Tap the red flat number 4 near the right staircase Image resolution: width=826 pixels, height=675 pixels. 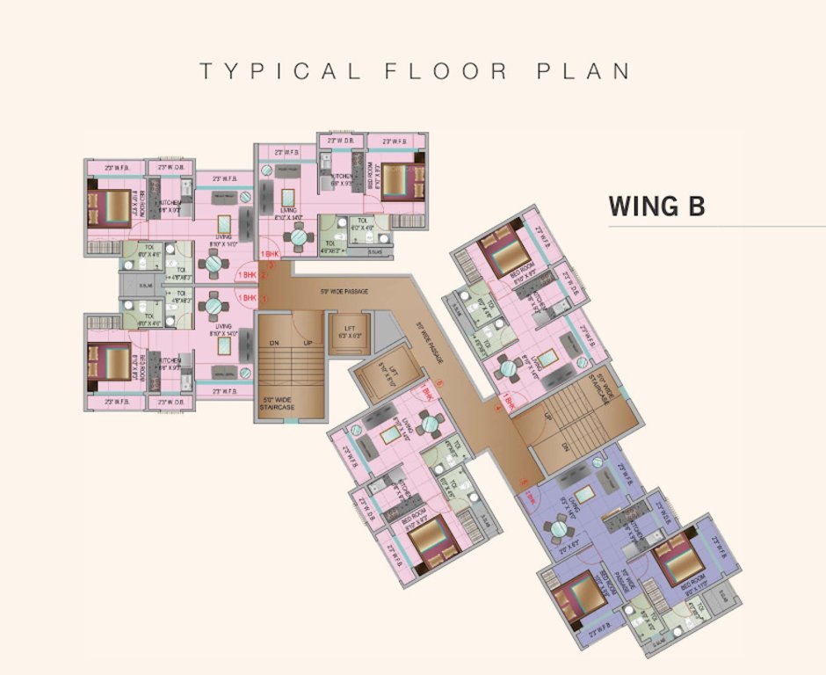[497, 407]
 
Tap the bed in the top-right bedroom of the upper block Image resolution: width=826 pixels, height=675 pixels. [397, 181]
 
